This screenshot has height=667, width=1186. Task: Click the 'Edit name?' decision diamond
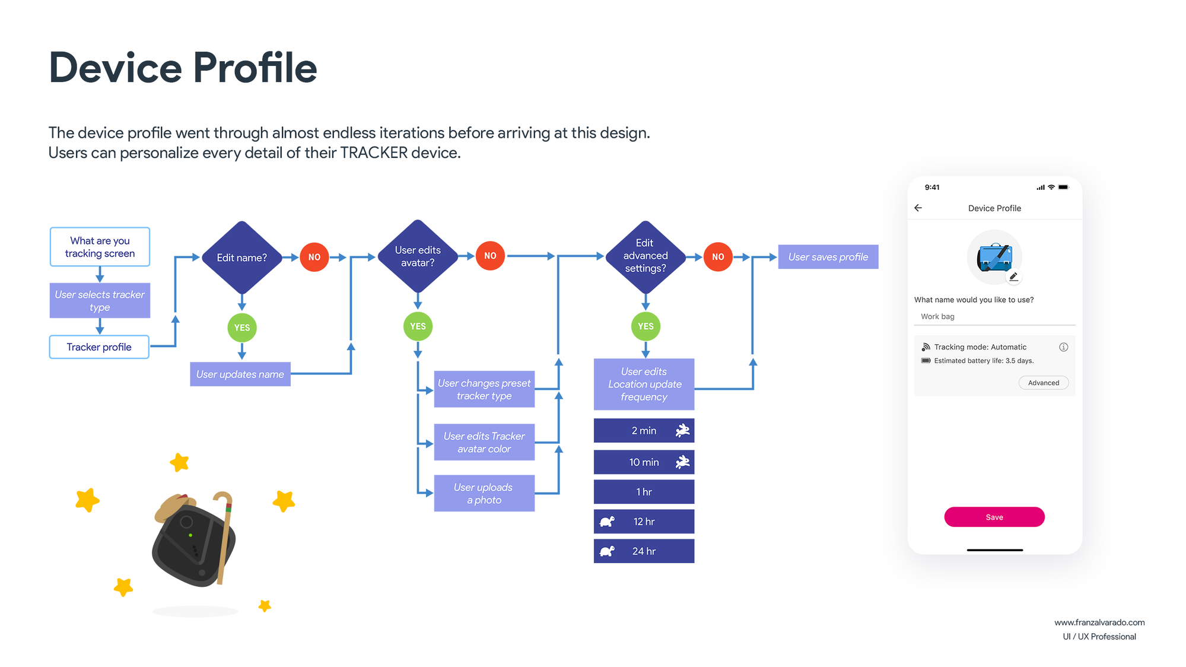(x=241, y=257)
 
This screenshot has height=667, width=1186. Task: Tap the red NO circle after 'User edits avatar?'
(x=490, y=256)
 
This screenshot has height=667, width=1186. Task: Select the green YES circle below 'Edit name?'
(x=242, y=328)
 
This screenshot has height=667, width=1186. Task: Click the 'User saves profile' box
(x=828, y=257)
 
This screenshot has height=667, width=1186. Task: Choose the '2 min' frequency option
(x=644, y=431)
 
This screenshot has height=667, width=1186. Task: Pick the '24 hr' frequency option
(x=644, y=551)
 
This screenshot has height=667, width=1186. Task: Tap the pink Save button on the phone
(x=994, y=517)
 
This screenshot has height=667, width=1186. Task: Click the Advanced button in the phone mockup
(x=1044, y=383)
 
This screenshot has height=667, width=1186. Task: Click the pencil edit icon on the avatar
(x=1014, y=277)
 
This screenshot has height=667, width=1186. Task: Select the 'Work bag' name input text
(x=937, y=316)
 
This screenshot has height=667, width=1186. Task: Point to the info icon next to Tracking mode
(x=1064, y=347)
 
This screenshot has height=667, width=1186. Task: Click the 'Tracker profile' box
(x=99, y=347)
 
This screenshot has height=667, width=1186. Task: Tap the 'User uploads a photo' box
(x=484, y=493)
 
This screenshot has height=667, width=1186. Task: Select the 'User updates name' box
(x=240, y=374)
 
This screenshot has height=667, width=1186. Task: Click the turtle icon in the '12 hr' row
(x=607, y=522)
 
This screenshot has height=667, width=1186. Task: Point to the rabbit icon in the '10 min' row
(x=683, y=462)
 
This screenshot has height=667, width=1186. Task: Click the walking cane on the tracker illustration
(x=224, y=537)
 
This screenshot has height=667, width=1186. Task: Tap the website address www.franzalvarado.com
(x=1099, y=622)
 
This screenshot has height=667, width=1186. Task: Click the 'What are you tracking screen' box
(x=100, y=247)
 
